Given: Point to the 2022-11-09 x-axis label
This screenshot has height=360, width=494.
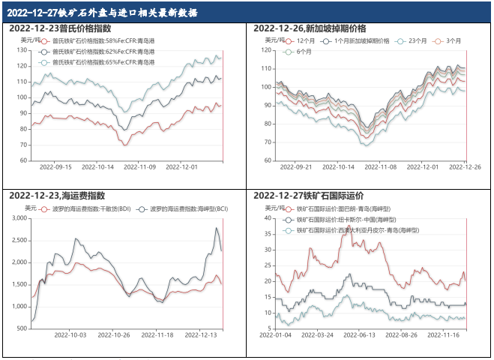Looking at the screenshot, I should pyautogui.click(x=141, y=168).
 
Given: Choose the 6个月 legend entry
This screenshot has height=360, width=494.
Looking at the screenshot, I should pyautogui.click(x=304, y=52).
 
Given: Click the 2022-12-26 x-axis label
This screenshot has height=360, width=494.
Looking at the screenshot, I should pyautogui.click(x=466, y=168).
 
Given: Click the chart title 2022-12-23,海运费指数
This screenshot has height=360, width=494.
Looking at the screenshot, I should pyautogui.click(x=58, y=196).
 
